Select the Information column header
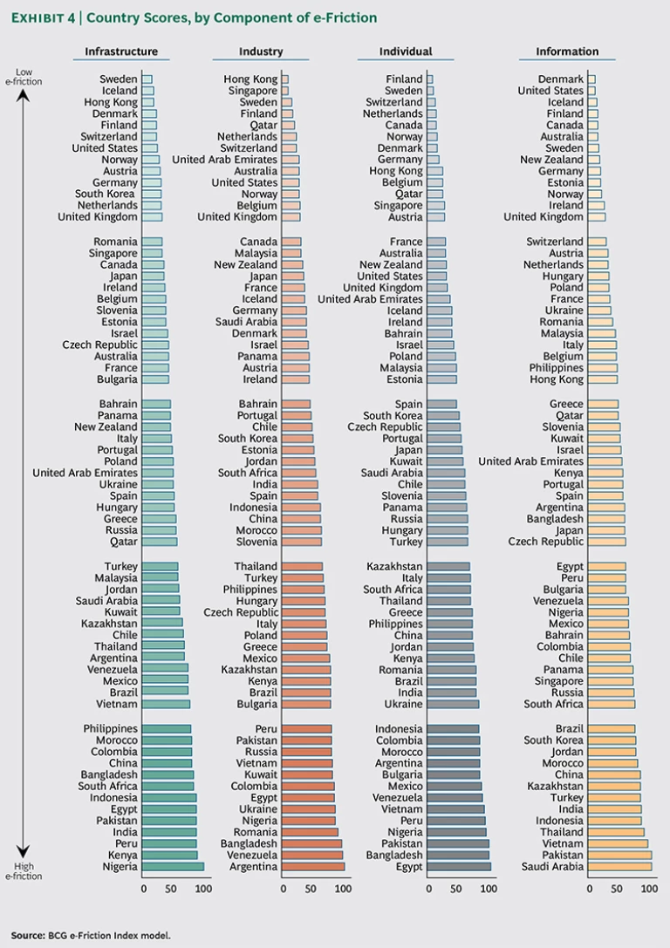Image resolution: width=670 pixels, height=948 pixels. [x=567, y=51]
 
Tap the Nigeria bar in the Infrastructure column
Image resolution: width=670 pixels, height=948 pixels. [x=173, y=866]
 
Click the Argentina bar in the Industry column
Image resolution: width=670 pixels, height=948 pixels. [x=313, y=866]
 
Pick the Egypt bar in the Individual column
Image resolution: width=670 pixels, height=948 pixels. [x=460, y=866]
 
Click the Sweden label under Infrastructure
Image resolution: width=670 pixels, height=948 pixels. [x=119, y=79]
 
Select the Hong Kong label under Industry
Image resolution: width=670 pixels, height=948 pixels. [x=250, y=79]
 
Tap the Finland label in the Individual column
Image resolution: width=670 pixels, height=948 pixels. [x=404, y=79]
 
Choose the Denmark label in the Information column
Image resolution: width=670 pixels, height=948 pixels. [x=561, y=79]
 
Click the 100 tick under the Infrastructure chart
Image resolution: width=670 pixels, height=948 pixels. [x=203, y=889]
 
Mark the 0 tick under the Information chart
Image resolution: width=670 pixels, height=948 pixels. [x=590, y=889]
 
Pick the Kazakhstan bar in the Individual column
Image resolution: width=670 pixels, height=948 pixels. [x=449, y=566]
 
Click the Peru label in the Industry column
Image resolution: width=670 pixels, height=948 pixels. [x=266, y=728]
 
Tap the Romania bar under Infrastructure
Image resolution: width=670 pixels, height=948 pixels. [x=152, y=242]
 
